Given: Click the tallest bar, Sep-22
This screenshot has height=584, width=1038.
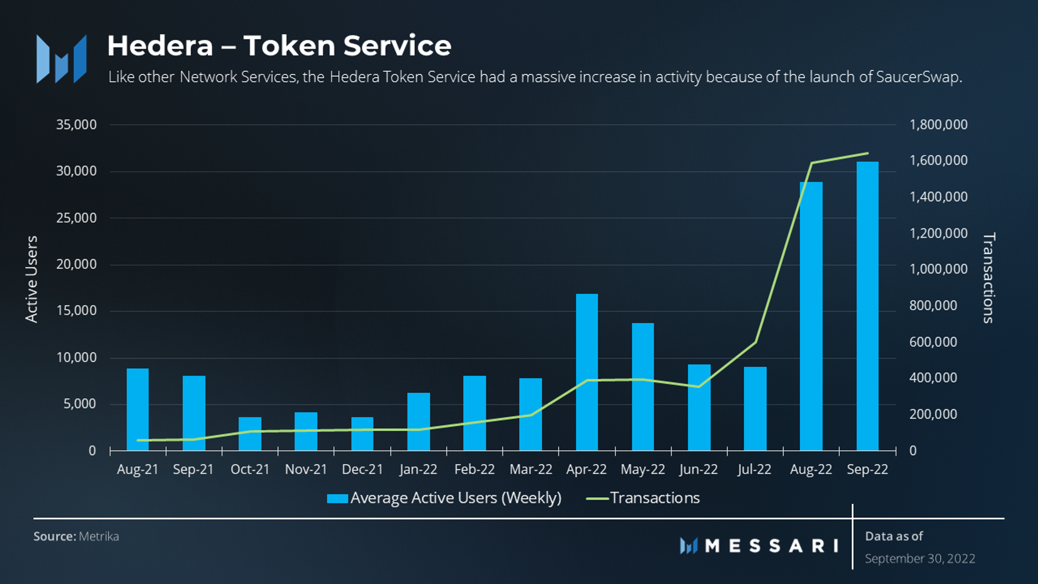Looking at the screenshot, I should click(867, 306).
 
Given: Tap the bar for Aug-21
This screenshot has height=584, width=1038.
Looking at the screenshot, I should click(138, 410).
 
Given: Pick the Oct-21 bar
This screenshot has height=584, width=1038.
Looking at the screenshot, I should click(250, 434).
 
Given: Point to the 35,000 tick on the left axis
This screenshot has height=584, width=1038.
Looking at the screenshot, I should click(77, 125).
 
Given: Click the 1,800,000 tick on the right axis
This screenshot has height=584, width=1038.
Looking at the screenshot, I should click(938, 125).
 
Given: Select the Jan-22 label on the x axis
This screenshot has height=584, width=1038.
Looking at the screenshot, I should click(418, 469).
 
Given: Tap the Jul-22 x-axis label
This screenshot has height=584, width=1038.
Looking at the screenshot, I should click(755, 469).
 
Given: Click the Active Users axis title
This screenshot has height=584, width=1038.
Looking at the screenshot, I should click(31, 279).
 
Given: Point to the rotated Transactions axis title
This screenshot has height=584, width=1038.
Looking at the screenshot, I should click(989, 278).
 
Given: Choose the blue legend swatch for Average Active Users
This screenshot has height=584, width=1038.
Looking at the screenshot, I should click(337, 498).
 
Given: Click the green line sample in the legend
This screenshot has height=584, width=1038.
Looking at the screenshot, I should click(597, 498).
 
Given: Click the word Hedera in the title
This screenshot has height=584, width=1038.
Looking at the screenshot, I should click(160, 46).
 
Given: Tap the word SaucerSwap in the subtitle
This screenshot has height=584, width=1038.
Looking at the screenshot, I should click(918, 77).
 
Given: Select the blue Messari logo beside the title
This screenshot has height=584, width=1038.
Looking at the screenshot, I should click(62, 59).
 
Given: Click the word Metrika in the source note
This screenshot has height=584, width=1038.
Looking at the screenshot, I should click(99, 537).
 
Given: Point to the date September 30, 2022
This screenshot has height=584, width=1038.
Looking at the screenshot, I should click(920, 559).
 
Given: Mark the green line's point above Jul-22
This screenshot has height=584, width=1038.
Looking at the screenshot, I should click(755, 342).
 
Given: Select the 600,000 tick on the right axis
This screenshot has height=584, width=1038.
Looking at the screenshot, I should click(933, 342).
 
